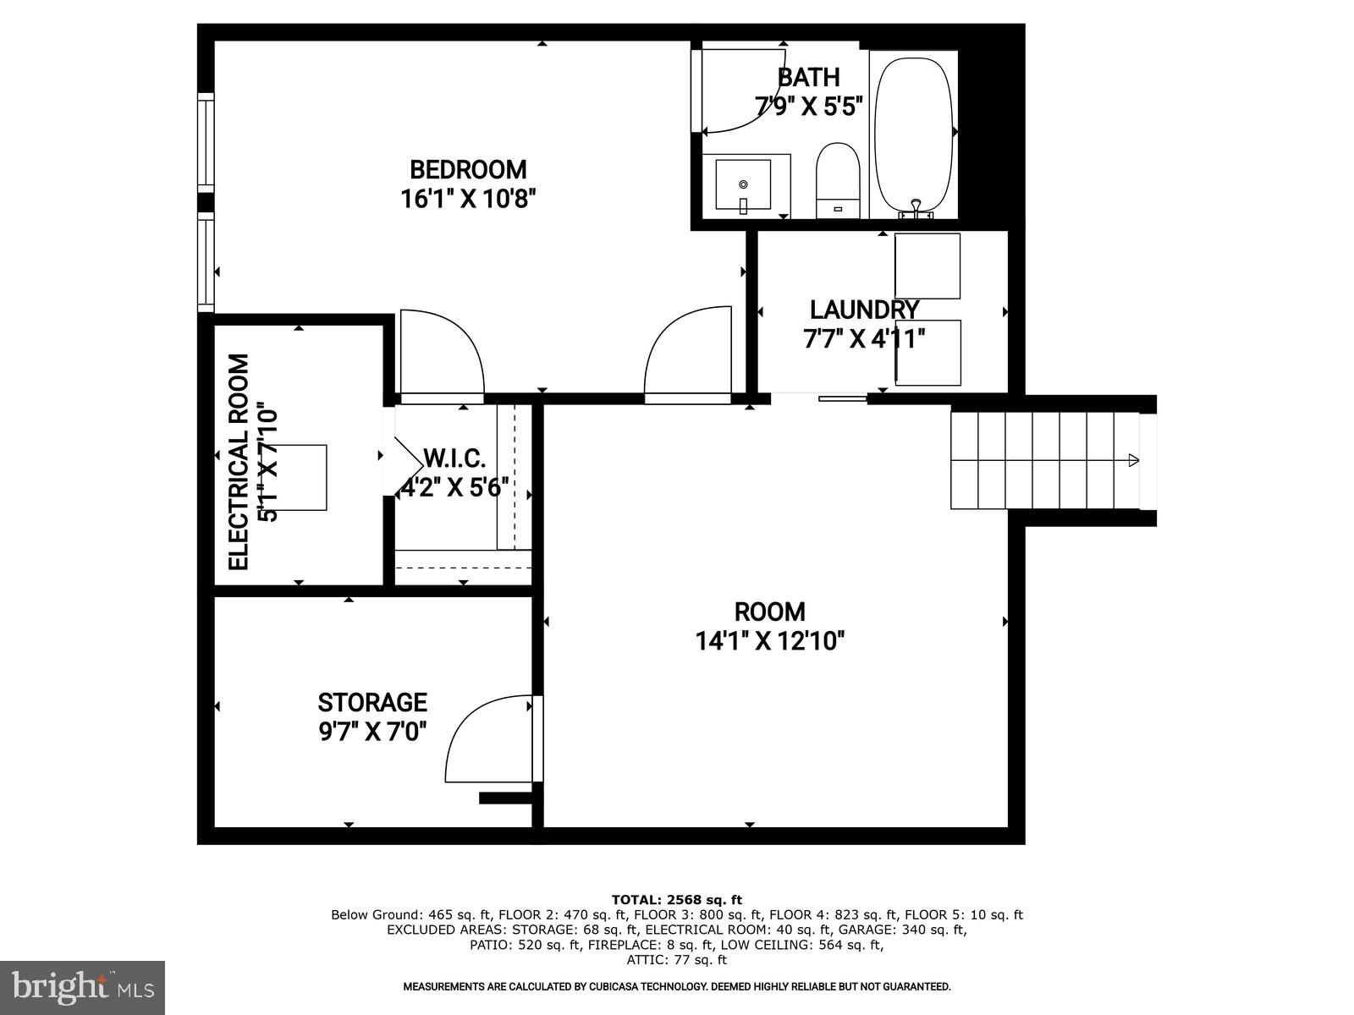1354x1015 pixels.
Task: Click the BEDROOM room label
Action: [468, 169]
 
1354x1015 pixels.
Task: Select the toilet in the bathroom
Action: [838, 179]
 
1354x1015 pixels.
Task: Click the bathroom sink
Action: [743, 184]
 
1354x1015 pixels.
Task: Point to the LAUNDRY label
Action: [863, 310]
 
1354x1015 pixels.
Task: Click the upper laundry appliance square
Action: [927, 266]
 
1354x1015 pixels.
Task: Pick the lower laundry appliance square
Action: [927, 353]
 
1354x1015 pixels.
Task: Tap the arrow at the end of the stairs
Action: [1133, 460]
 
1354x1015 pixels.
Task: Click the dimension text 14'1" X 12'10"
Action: [770, 641]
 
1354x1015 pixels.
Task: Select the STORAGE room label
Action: [372, 702]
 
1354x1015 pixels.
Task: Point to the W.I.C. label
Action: [454, 459]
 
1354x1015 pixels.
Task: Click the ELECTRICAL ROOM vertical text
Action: [239, 462]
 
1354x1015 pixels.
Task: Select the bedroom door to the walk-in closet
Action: [440, 355]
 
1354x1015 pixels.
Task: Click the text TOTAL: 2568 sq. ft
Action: [676, 899]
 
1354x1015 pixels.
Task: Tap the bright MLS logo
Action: [82, 987]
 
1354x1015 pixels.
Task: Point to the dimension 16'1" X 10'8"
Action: [468, 200]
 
